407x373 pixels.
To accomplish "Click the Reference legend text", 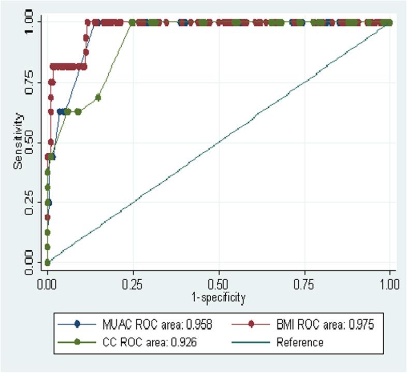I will click(300, 342).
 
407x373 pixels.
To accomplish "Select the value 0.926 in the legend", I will click(187, 342).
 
